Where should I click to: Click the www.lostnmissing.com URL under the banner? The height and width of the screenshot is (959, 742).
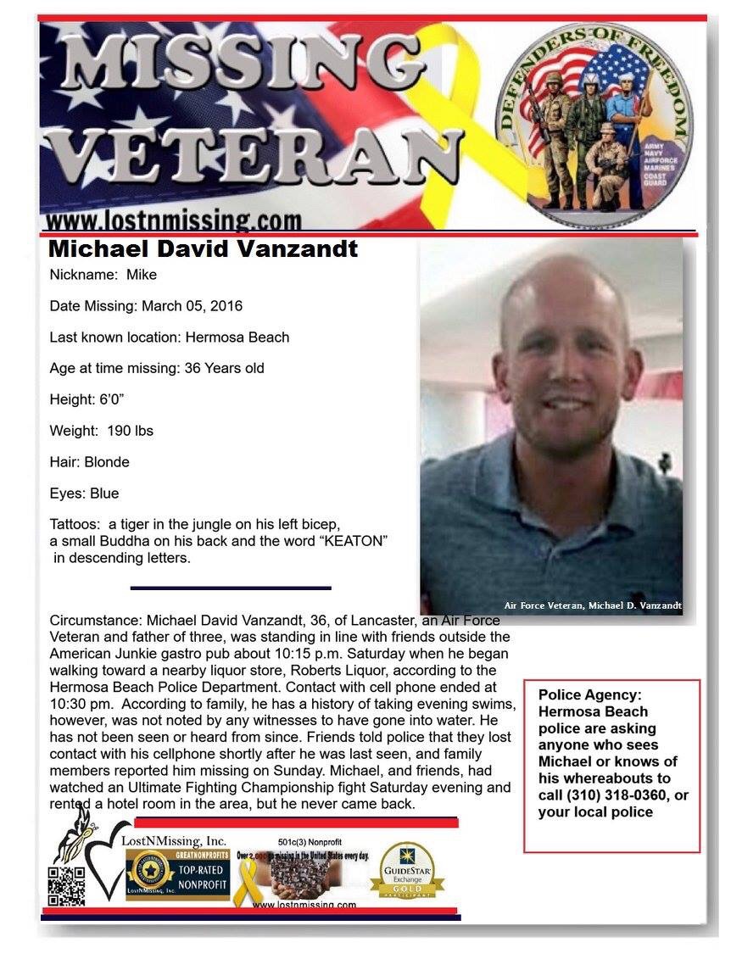[x=173, y=222]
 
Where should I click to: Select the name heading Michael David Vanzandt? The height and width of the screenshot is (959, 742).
[x=204, y=249]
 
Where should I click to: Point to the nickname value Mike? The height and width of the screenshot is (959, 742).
[x=142, y=275]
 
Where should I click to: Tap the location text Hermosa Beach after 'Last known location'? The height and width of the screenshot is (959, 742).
[x=237, y=337]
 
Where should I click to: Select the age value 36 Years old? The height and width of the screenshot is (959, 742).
[x=224, y=368]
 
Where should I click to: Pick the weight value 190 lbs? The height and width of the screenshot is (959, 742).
[x=130, y=431]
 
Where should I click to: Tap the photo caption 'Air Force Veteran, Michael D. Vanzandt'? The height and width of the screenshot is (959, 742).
[x=593, y=605]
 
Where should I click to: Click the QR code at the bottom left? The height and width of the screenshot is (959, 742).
[x=66, y=886]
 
